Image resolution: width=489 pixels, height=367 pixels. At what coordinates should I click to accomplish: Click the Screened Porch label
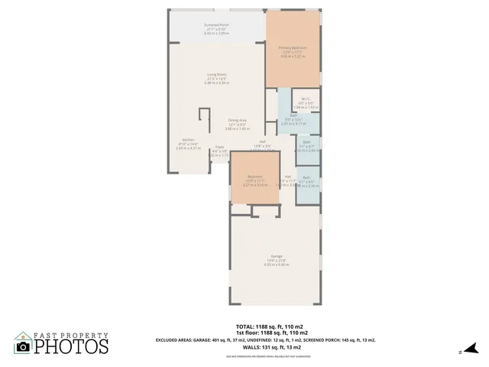point(216,25)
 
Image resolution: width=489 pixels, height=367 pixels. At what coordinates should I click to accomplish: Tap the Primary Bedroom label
point(293,47)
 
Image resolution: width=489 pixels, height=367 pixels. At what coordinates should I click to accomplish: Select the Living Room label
point(216,75)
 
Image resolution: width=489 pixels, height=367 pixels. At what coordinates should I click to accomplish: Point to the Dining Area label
point(238,120)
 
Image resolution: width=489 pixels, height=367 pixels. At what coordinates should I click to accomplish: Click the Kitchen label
point(188,140)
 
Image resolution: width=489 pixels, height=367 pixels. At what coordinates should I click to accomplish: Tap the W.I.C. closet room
point(305,99)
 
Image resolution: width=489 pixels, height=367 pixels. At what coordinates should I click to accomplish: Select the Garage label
point(276,255)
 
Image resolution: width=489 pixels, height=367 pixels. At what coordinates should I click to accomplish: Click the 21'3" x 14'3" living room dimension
point(216,79)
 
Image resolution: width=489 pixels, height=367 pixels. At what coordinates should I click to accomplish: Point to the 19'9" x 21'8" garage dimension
point(276,260)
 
